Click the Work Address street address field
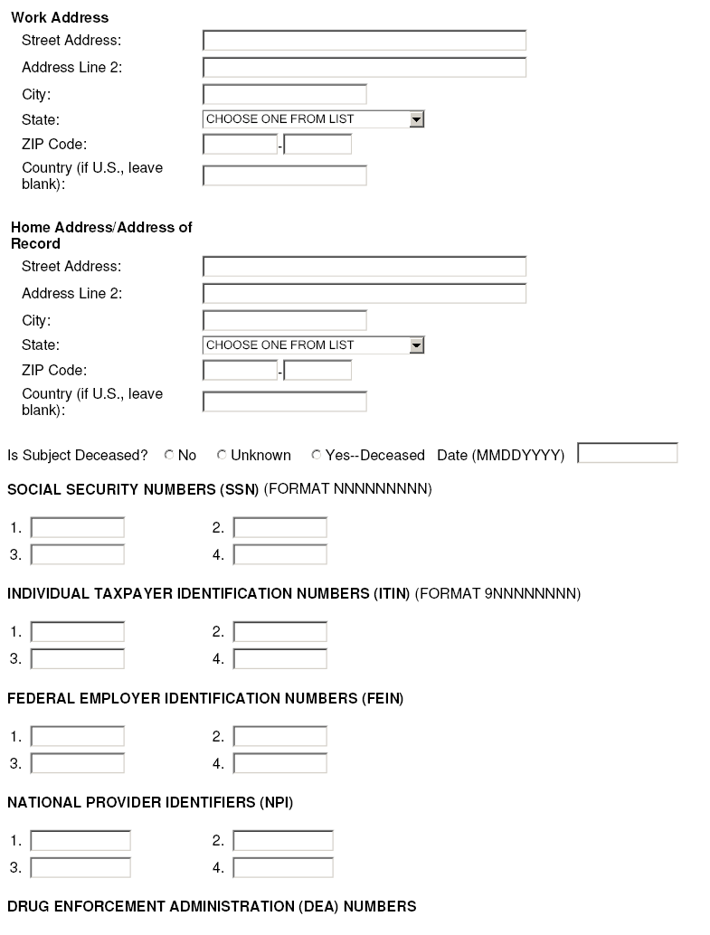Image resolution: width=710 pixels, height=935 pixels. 364,41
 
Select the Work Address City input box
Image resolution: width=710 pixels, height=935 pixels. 284,95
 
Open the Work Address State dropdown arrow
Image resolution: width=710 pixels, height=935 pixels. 416,119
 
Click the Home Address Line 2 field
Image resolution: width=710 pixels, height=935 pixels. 364,294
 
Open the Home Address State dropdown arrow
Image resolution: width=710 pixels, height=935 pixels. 416,345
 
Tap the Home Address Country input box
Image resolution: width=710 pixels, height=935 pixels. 284,401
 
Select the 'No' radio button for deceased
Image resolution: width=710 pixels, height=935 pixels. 169,455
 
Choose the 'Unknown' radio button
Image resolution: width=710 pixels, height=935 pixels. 222,455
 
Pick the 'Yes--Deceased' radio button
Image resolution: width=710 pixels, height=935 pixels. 317,455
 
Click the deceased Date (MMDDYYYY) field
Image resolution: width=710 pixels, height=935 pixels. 627,453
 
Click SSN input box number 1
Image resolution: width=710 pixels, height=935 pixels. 78,528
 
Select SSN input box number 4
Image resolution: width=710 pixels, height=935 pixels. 280,555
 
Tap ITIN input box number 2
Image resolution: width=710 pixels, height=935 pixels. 280,632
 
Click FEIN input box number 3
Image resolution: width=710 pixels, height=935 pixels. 78,764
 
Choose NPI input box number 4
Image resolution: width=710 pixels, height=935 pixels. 283,868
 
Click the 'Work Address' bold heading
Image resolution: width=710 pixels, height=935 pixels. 60,18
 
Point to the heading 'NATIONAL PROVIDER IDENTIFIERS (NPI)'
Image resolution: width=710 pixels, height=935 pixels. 150,803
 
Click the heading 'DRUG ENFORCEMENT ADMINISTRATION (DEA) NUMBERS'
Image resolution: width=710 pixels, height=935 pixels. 212,907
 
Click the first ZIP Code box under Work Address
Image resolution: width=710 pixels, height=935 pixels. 240,145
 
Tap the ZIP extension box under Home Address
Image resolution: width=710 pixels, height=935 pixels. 317,371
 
